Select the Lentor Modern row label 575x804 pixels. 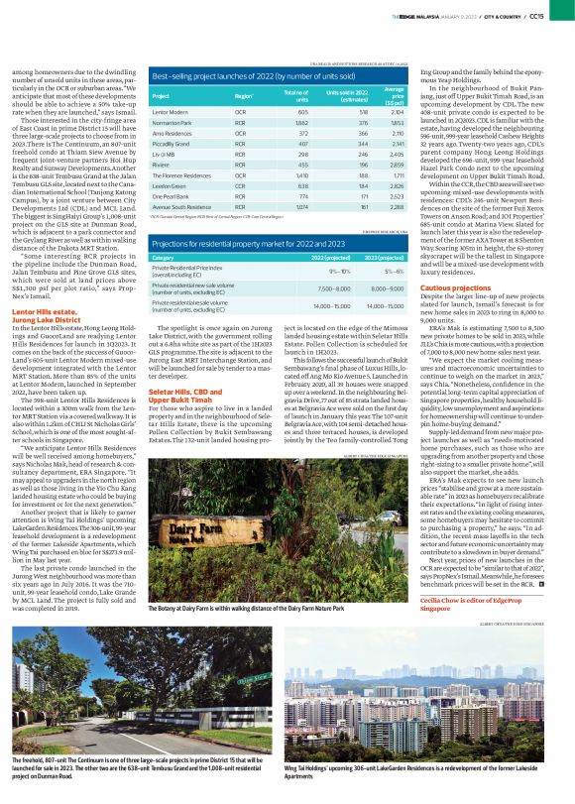[172, 114]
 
